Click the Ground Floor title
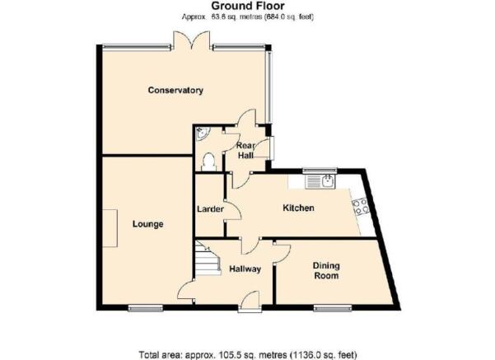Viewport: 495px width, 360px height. coord(248,6)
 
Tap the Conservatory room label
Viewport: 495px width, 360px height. coord(175,91)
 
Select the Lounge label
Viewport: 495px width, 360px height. coord(147,224)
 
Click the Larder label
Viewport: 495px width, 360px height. coord(210,209)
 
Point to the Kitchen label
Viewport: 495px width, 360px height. coord(298,208)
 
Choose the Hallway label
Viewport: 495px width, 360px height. coord(245,269)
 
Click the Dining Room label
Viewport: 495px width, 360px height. coord(326,271)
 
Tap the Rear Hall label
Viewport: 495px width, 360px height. coord(245,151)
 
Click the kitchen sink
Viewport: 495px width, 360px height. coord(320,181)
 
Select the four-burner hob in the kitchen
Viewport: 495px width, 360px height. coord(361,206)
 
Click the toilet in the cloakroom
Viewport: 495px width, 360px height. coord(208,162)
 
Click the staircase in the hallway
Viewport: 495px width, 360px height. coord(207,258)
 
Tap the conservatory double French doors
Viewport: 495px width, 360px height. coord(192,40)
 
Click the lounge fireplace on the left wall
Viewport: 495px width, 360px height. coord(110,228)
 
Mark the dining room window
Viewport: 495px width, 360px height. coord(333,308)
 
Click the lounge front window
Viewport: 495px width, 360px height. coord(145,308)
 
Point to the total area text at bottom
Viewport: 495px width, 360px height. coord(248,354)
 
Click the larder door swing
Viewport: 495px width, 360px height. coord(234,211)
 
